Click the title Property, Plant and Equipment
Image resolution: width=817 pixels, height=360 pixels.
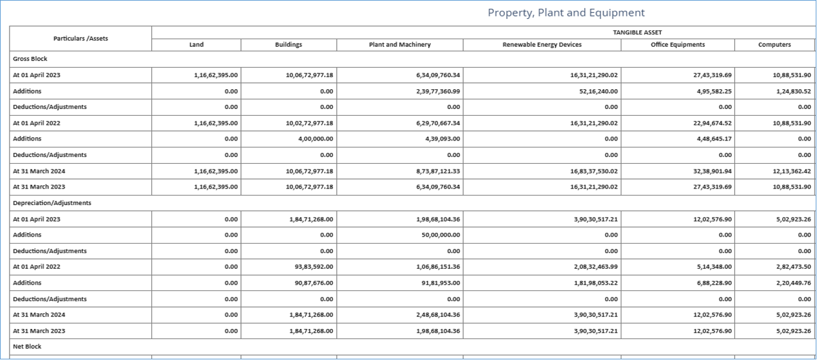[566, 13]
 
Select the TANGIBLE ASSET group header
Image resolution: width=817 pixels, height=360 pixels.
[637, 32]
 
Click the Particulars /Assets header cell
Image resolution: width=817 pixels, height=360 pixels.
[80, 39]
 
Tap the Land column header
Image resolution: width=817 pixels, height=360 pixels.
[196, 45]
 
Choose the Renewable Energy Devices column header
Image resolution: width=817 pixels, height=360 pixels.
[542, 45]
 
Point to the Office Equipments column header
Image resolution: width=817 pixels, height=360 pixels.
[677, 45]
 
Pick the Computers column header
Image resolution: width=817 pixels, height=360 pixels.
[774, 45]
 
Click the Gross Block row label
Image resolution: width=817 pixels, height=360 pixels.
[30, 59]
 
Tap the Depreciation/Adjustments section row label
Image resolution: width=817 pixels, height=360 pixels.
[52, 203]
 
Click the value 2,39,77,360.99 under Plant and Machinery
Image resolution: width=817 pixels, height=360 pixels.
[435, 91]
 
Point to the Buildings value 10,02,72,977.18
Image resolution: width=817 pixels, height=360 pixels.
[309, 123]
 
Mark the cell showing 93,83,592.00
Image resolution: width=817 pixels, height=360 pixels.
[314, 267]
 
